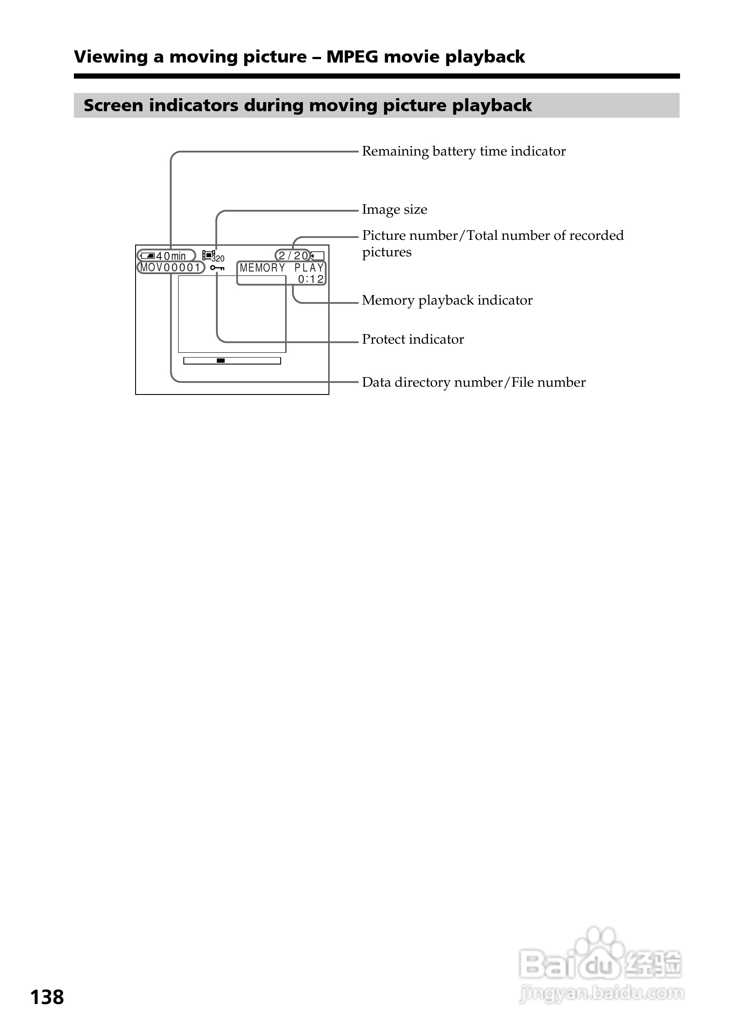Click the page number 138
(47, 998)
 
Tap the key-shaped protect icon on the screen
(217, 268)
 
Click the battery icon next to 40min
(147, 256)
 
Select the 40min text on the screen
(171, 256)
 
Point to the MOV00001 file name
(170, 268)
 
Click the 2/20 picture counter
(293, 256)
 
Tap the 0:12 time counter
(311, 279)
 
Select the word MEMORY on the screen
(262, 268)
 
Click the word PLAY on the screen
(309, 268)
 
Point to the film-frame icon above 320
(208, 255)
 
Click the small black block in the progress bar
(221, 361)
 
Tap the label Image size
(395, 209)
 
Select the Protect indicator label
(413, 339)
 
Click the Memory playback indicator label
(447, 300)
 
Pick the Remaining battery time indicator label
(464, 151)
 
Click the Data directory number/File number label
(474, 382)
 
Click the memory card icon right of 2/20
(318, 256)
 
